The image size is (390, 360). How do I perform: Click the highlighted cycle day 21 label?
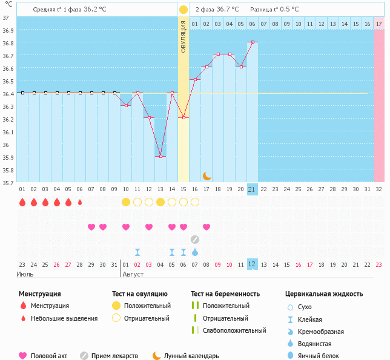point(253,189)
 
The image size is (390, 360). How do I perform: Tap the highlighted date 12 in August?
point(253,264)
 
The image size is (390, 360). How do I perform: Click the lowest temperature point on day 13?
point(160,156)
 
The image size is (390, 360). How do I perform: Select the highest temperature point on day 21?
point(253,42)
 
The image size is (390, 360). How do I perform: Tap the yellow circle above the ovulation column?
point(183,10)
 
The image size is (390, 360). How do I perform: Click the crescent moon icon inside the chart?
point(207,175)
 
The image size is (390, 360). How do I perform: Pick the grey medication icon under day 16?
point(195,239)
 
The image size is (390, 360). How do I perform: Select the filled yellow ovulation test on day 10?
point(126,201)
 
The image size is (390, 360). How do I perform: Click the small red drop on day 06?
point(80,202)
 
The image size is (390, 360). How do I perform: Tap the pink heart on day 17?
point(207,227)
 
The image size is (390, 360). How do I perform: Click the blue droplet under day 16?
point(195,251)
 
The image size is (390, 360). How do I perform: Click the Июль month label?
point(24,274)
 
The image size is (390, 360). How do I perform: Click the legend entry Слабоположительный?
point(234,330)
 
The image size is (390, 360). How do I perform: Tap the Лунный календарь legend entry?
point(190,356)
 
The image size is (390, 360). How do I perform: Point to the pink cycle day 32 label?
point(379,189)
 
